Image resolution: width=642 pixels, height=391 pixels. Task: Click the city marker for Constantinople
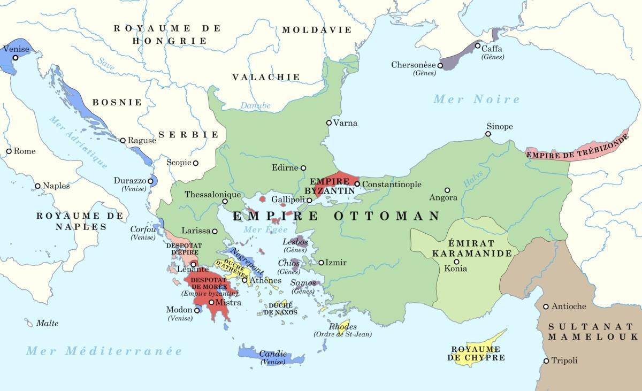[x=357, y=184]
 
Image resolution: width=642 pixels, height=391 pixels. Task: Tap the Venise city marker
[x=16, y=58]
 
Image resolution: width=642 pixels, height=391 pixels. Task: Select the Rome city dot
[x=9, y=151]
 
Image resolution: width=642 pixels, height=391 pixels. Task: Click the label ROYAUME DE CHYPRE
[x=478, y=354]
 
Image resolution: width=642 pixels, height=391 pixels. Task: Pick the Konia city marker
[x=456, y=262]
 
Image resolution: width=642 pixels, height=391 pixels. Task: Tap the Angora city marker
[x=447, y=190]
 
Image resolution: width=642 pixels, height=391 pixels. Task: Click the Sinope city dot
[x=488, y=134]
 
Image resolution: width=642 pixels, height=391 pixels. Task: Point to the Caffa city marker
[x=478, y=46]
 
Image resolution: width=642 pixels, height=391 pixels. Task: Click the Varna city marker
[x=329, y=122]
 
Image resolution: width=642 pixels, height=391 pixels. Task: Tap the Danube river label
[x=255, y=106]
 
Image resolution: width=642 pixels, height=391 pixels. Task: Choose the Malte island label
[x=47, y=323]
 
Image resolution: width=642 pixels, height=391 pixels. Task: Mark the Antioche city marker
[x=546, y=306]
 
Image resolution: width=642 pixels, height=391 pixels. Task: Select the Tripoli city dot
[x=546, y=361]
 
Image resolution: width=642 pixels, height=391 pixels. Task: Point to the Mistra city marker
[x=212, y=302]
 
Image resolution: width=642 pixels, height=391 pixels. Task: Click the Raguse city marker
[x=123, y=140]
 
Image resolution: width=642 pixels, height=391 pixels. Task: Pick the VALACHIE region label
[x=266, y=77]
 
